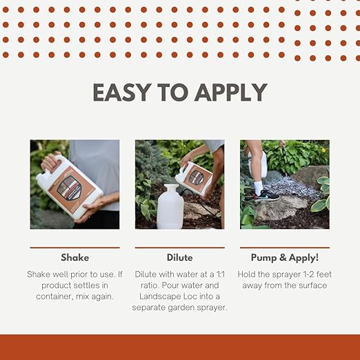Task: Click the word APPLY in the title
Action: coord(233,92)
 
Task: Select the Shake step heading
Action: coord(74,257)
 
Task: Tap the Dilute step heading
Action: coord(179,257)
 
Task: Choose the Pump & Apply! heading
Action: coord(284,257)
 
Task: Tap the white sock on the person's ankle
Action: coord(257,186)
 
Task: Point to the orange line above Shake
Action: coord(74,247)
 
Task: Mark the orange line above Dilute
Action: coord(179,247)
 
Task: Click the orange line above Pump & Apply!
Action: coord(284,247)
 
